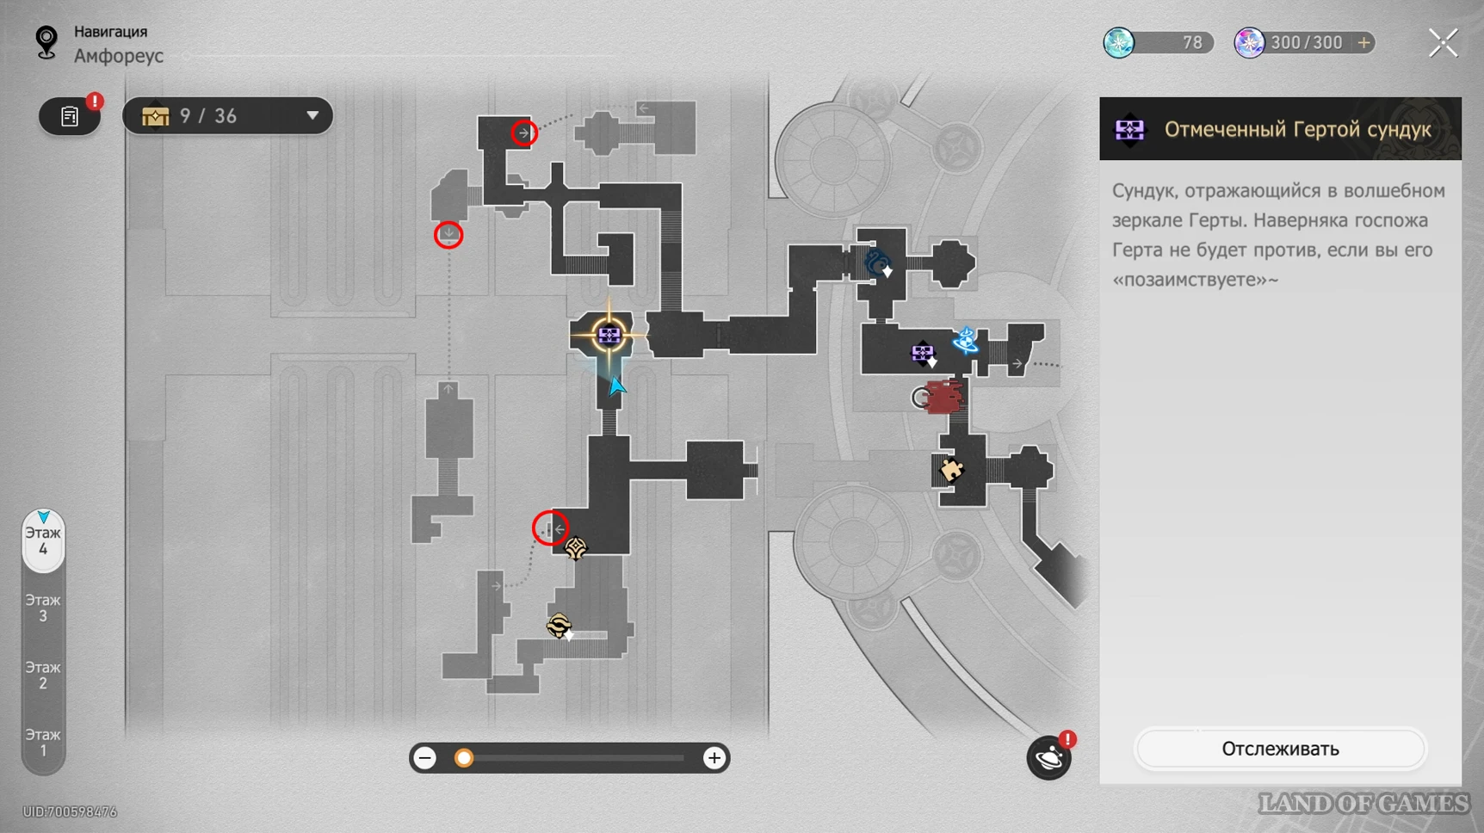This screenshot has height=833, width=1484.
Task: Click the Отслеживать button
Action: (x=1280, y=749)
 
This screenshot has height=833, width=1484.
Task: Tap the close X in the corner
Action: (x=1444, y=42)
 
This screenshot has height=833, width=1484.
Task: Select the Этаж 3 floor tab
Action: (x=43, y=608)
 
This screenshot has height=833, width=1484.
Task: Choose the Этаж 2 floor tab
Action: (x=43, y=675)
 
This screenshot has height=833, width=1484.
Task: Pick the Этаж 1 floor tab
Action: (x=43, y=742)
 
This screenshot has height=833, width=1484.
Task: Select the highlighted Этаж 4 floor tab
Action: (x=43, y=541)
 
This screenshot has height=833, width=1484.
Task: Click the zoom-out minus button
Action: (x=425, y=758)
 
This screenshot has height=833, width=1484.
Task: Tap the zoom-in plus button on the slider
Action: (x=714, y=758)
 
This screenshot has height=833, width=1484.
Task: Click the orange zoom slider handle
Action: (x=464, y=758)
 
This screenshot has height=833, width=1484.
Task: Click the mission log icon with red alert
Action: (x=70, y=116)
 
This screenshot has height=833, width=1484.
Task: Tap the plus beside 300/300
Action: (x=1363, y=42)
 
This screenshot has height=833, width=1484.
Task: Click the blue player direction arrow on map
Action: (x=616, y=386)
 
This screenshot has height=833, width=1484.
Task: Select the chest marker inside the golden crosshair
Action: (x=609, y=335)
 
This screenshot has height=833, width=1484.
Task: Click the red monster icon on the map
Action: (x=943, y=398)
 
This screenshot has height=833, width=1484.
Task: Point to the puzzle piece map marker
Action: (x=951, y=470)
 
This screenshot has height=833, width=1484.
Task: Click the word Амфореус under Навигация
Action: (x=119, y=56)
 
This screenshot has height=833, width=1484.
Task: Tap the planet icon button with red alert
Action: (x=1049, y=757)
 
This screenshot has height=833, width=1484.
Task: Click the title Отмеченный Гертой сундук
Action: (x=1297, y=129)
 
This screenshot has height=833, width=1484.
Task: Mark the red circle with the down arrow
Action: (x=448, y=234)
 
